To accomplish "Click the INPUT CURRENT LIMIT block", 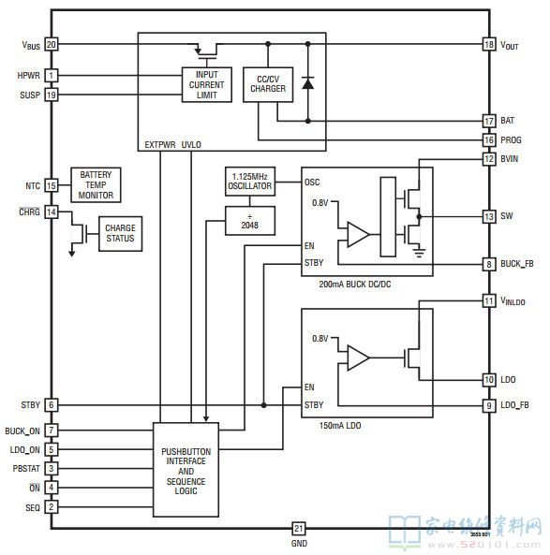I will tap(206, 83).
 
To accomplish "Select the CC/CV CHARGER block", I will tap(268, 84).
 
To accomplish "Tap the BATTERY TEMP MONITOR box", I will tap(96, 184).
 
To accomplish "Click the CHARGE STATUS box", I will tap(119, 233).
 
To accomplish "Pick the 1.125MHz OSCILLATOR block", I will tap(249, 181).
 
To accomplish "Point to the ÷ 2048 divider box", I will tap(249, 221).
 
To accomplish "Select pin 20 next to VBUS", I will tap(52, 44).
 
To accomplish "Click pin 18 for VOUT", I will tap(488, 44).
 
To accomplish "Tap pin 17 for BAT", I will tap(488, 121).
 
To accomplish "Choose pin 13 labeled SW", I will tap(488, 216).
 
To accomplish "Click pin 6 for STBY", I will tap(52, 405).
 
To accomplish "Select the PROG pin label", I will tap(512, 139).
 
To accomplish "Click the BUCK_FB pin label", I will tap(517, 265).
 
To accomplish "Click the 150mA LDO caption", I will tap(342, 426).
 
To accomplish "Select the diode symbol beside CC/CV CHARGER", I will tap(307, 82).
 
